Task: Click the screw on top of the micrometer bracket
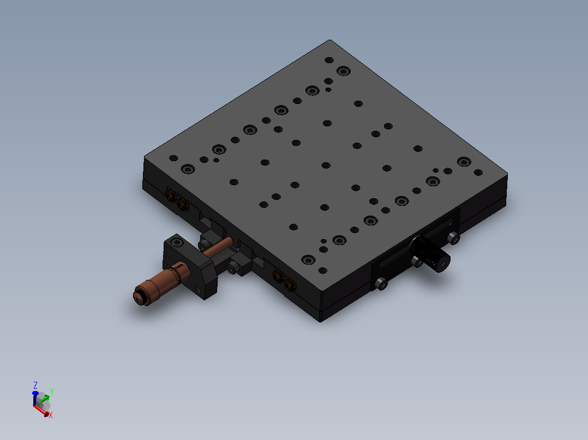177,242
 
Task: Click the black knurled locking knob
429,254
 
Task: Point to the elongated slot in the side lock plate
416,243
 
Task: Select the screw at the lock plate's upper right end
454,238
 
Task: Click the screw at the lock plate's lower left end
381,284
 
